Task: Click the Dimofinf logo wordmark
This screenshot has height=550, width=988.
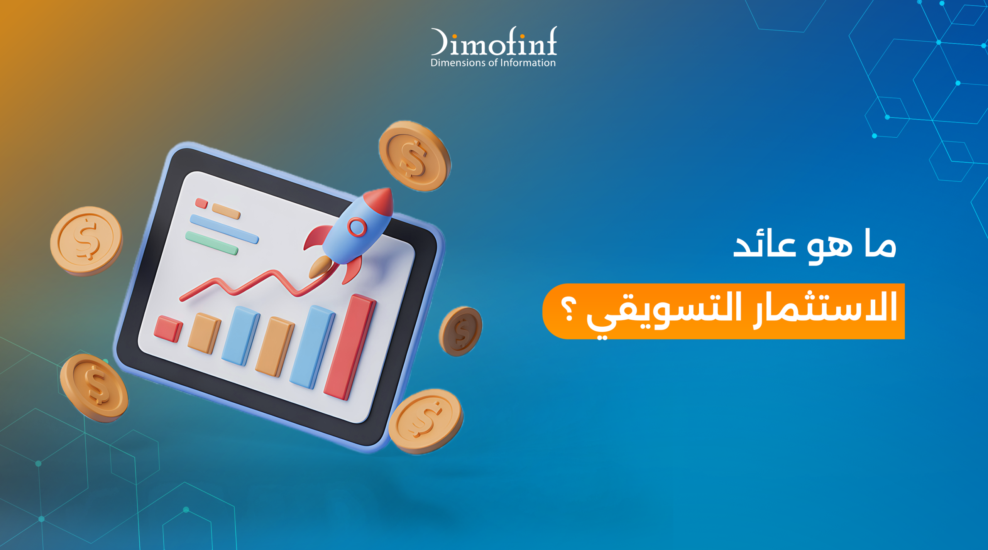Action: point(494,42)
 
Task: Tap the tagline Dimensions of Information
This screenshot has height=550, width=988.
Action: point(493,63)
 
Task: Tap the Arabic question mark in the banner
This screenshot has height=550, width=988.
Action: point(568,310)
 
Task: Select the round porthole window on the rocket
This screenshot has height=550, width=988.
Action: point(357,227)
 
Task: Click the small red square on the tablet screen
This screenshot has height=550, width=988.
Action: point(201,203)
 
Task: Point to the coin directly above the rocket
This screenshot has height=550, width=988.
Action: point(414,156)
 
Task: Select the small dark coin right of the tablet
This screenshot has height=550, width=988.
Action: point(460,331)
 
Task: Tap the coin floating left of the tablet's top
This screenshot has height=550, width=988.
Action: point(86,241)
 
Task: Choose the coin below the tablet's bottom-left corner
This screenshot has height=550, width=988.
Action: point(94,387)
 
